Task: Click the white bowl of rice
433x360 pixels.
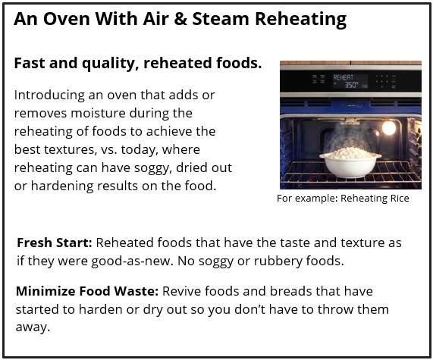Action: pos(350,164)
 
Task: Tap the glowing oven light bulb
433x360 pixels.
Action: pos(389,127)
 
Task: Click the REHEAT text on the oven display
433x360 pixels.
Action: pos(344,78)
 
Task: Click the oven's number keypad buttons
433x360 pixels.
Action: pos(384,81)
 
